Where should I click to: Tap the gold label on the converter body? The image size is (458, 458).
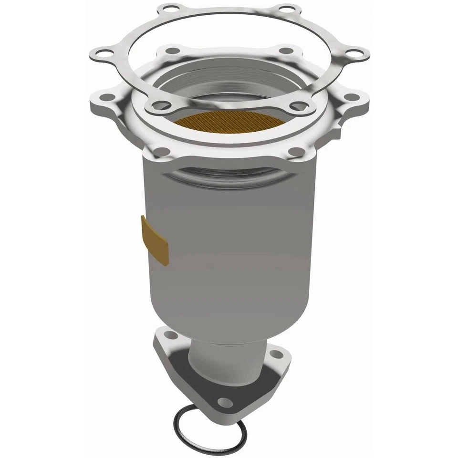point(155,240)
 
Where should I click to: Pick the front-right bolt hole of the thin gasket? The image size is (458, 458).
point(299,105)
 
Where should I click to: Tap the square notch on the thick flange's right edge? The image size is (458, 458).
point(340,125)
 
